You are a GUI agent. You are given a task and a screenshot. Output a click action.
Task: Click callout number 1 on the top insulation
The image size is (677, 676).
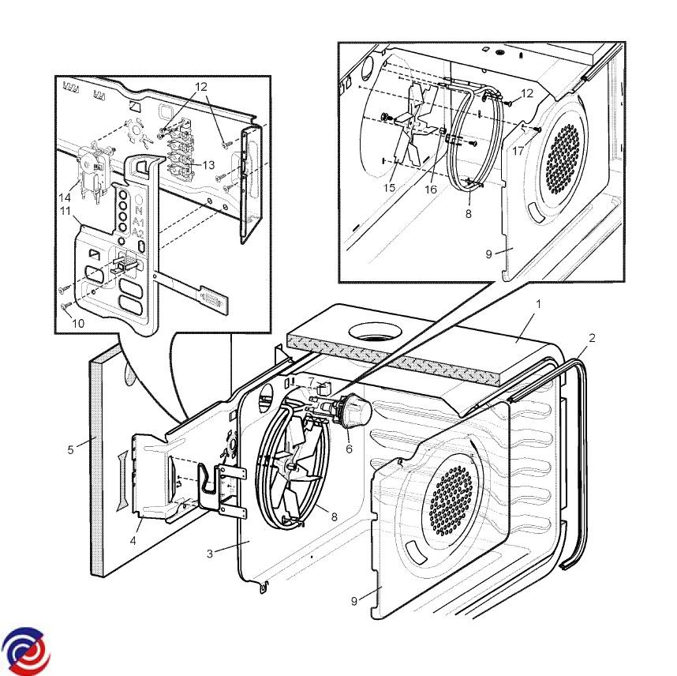tap(539, 303)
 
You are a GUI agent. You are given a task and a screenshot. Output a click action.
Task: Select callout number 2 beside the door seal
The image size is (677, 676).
tap(592, 337)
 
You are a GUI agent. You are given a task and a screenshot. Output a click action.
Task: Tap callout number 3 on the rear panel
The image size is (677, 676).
tap(210, 553)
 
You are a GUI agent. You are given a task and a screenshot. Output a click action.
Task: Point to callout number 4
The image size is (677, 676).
tap(133, 541)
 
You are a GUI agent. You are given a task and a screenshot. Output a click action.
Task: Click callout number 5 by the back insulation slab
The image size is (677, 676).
tap(71, 451)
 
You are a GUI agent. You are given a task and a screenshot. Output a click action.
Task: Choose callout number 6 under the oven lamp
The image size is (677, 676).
tap(349, 449)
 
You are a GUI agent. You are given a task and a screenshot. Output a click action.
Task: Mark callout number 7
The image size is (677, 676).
tap(312, 381)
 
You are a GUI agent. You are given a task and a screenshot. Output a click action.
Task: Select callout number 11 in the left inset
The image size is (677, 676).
tap(65, 212)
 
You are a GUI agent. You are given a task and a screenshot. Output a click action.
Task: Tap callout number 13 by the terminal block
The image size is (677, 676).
tap(209, 165)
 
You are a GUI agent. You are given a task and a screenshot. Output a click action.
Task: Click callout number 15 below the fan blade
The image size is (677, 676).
tap(390, 187)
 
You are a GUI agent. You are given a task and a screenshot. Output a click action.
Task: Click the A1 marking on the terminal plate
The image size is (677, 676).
tap(139, 223)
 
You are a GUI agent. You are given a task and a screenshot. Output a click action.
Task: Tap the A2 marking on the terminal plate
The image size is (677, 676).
tap(139, 233)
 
